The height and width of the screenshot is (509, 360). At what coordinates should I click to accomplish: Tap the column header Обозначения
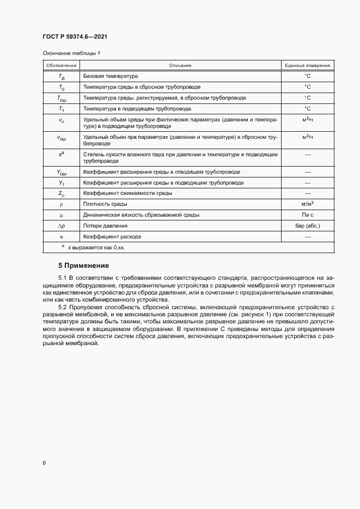61,65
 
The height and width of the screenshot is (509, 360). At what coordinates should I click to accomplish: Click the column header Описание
180,65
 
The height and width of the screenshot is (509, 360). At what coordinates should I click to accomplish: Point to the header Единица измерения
307,65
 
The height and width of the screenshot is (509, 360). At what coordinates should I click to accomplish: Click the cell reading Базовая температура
111,76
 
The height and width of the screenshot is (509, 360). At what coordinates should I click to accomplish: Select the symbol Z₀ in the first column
61,193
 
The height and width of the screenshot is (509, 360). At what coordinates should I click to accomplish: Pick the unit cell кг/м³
307,204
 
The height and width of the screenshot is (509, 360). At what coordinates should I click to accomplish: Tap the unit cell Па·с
307,215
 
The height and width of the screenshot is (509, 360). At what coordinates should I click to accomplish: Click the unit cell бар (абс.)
307,226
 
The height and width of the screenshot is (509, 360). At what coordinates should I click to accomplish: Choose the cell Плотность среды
105,204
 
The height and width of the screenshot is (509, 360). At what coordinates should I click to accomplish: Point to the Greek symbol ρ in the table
61,204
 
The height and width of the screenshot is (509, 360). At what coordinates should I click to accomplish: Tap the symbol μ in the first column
61,215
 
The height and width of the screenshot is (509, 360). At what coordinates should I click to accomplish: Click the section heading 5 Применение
84,266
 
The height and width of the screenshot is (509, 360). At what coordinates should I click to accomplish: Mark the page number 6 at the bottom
44,463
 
